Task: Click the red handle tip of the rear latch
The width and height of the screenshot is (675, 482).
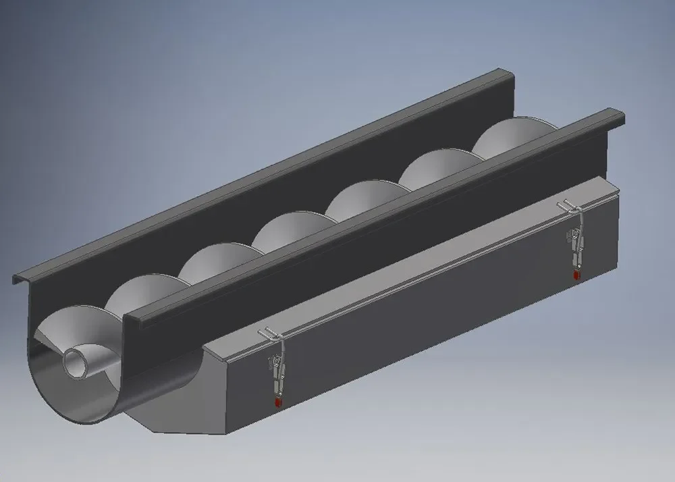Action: [576, 275]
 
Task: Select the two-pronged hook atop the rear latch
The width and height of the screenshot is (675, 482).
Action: [567, 205]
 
